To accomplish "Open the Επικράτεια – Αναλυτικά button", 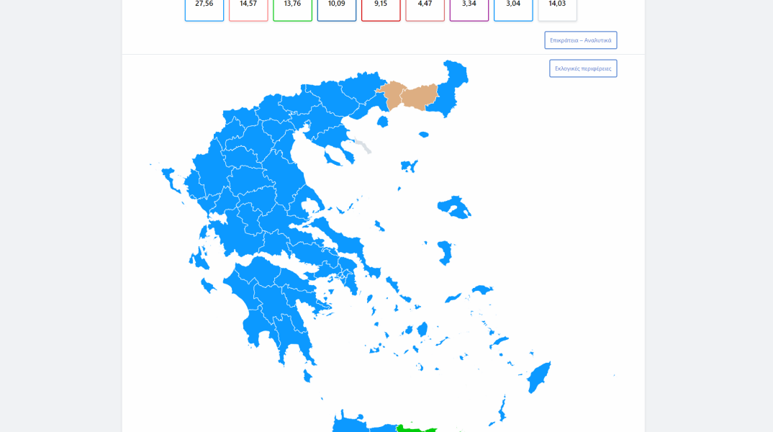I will click(580, 40).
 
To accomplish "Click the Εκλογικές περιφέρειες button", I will click(583, 68).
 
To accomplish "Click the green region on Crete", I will click(416, 428).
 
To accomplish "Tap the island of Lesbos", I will click(453, 206).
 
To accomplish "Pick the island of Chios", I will click(446, 253).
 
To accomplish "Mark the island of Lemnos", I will click(409, 166).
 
